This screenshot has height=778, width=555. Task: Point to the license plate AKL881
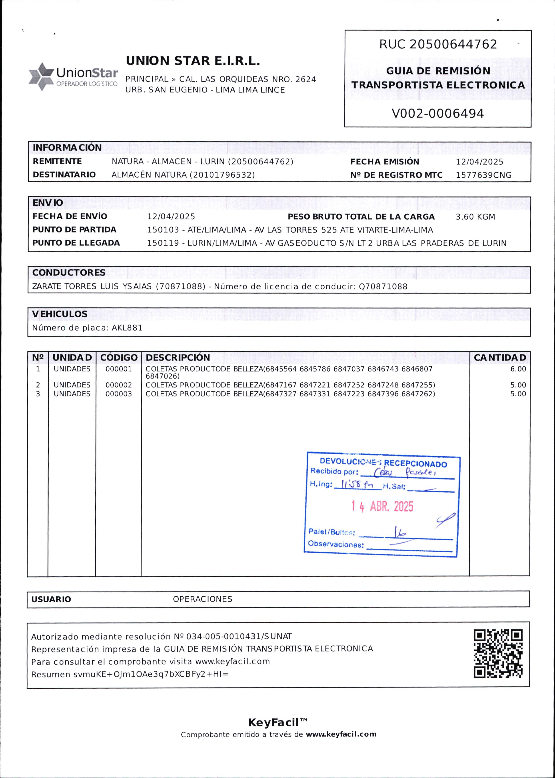127,328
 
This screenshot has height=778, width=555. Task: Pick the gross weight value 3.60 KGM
475,217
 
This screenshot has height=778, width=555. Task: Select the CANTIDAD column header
500,358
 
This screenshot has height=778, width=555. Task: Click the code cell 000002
119,385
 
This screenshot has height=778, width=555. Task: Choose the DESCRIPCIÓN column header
178,358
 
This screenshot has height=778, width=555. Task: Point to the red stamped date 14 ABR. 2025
382,506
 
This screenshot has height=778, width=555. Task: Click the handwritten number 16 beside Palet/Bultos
399,532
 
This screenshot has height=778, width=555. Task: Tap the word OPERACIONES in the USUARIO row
202,599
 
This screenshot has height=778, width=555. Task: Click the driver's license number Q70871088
383,287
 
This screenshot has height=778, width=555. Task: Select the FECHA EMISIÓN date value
479,162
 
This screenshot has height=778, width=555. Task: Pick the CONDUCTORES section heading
69,273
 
